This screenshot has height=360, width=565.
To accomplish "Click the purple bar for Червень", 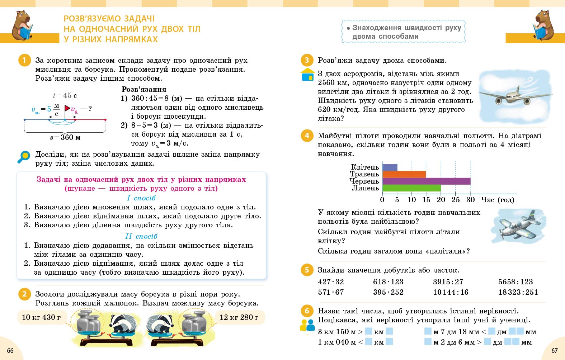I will tap(426, 181).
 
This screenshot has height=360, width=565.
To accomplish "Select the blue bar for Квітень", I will tap(390, 167).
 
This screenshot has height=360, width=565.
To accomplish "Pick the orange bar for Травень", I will tap(404, 174).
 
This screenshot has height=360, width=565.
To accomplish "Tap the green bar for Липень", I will tap(411, 188).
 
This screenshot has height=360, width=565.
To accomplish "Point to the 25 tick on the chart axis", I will tap(456, 200).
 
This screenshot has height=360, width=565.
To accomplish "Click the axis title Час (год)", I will tap(498, 200).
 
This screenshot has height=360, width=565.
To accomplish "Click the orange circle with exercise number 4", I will tap(307, 136).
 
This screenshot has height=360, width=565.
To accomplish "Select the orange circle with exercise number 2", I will tap(24, 294).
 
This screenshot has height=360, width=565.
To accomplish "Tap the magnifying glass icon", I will tap(24, 157).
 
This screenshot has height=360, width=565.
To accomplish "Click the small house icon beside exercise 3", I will tap(307, 75).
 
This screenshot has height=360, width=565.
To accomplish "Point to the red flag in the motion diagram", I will tap(67, 108).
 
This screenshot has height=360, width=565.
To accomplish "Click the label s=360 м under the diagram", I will tap(65, 137).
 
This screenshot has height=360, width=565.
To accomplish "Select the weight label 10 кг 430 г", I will tap(41, 317).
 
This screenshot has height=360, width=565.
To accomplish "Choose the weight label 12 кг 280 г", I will tap(239, 317).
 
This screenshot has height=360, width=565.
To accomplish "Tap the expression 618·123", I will tap(388, 282).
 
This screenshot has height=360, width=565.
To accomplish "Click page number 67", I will tap(554, 350).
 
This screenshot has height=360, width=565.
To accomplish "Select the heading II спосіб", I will tap(141, 236).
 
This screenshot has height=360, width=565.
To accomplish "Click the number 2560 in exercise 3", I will tap(326, 82).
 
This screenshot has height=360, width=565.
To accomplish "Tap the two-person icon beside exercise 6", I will tap(307, 325).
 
